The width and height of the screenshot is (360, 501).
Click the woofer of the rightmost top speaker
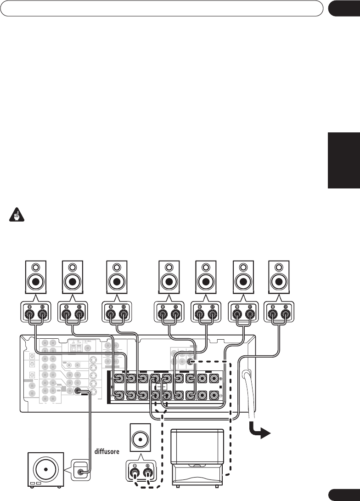click(279, 281)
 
